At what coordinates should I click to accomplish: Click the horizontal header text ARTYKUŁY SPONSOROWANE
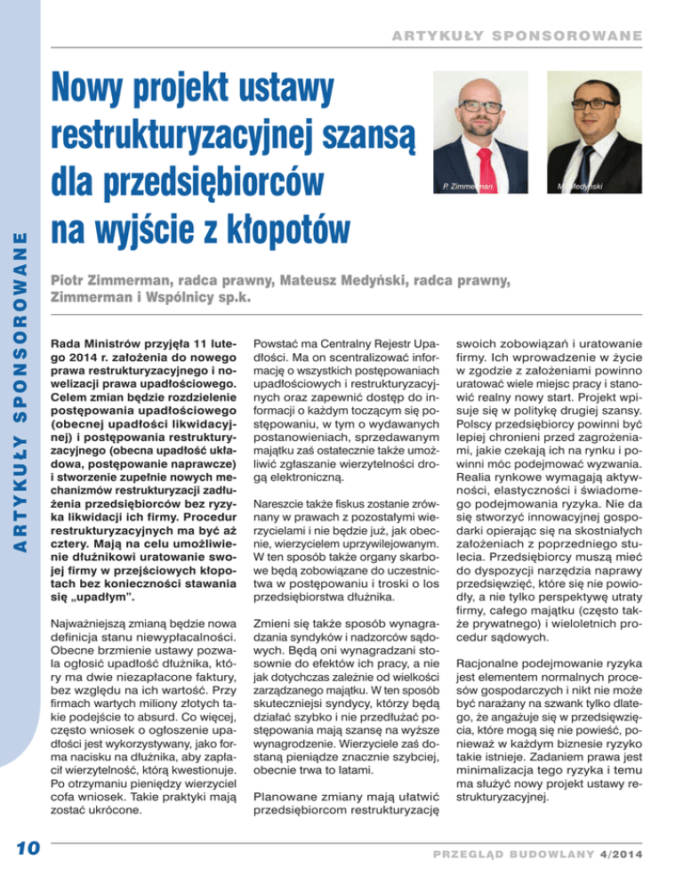click(x=508, y=36)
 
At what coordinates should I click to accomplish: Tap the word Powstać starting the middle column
click(x=279, y=340)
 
